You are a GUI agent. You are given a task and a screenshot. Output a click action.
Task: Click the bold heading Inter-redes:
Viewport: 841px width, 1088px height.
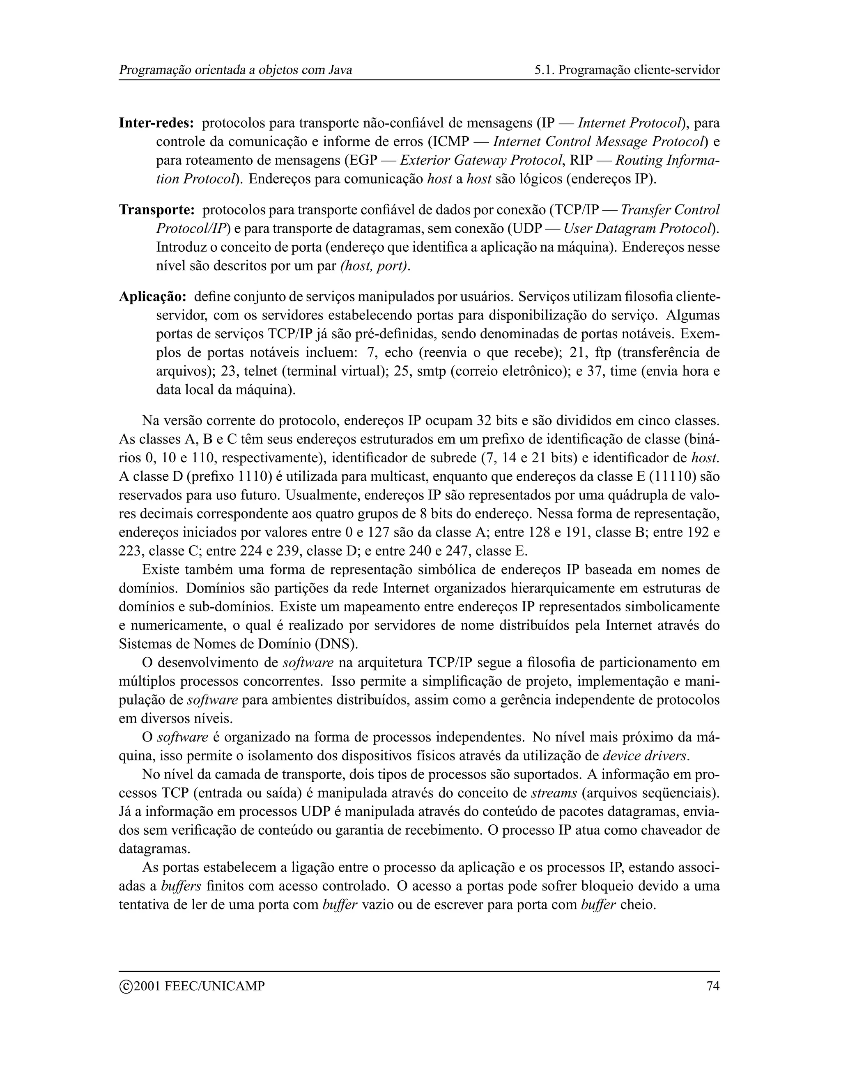[x=156, y=123]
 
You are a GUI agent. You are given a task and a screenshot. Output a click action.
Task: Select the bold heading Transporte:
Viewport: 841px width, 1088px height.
[x=156, y=210]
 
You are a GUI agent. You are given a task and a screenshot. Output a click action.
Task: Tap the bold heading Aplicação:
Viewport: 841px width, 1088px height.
[x=152, y=297]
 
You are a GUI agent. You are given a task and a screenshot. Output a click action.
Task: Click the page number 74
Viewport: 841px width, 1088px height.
[x=713, y=986]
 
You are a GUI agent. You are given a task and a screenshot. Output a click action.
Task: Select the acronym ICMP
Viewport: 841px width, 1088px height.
[x=451, y=142]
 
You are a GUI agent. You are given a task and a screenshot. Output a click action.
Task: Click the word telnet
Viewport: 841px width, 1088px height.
[x=260, y=372]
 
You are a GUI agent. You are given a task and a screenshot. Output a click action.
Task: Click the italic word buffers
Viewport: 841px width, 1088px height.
[x=182, y=886]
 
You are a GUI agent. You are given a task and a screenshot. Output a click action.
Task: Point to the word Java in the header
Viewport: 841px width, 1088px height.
[x=340, y=70]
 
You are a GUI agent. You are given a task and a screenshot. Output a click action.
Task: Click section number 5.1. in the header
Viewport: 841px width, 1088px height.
[x=544, y=70]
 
